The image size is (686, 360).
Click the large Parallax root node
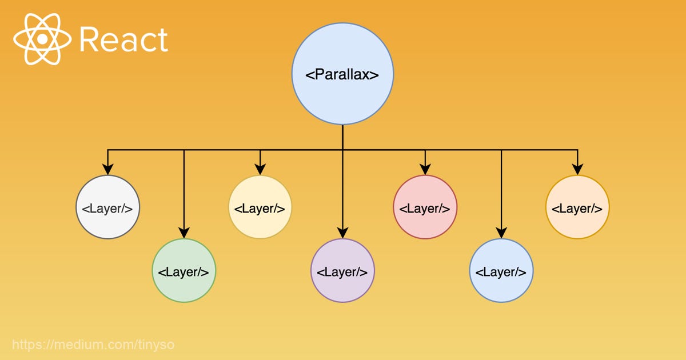(342, 74)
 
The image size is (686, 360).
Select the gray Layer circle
(107, 207)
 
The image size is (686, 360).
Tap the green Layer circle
(184, 271)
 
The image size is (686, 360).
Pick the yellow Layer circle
(260, 207)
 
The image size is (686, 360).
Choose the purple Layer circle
(342, 271)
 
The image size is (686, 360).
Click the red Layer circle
(425, 207)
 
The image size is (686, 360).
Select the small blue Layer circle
(501, 271)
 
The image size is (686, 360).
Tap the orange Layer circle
(577, 207)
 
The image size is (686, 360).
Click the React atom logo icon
(42, 39)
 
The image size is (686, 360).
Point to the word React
(123, 40)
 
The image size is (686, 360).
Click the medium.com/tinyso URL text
(93, 345)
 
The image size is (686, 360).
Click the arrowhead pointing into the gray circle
(107, 170)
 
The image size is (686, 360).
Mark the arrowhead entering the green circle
(184, 233)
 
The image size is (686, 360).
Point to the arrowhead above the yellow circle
(260, 170)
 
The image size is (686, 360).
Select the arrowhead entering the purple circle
(342, 233)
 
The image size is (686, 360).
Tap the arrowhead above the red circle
(425, 170)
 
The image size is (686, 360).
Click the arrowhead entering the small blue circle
(501, 233)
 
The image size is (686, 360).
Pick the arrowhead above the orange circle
(577, 170)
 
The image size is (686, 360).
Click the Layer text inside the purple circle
(342, 272)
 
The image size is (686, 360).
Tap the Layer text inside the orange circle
(577, 209)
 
